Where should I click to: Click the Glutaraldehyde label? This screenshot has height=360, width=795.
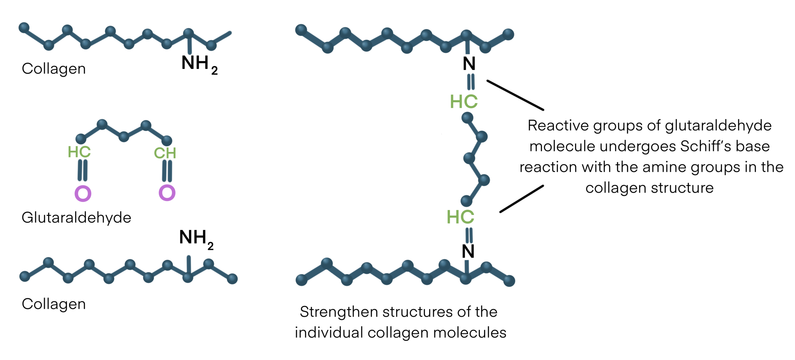76,218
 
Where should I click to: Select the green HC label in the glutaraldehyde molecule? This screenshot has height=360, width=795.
79,152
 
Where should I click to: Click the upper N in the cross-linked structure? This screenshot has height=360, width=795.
469,64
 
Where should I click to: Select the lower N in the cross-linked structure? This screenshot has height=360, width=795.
468,251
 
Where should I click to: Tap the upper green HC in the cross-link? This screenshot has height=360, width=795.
464,102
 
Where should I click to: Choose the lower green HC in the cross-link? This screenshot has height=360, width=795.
460,217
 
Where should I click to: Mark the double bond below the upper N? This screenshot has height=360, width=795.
471,82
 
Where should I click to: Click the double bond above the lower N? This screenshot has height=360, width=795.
469,235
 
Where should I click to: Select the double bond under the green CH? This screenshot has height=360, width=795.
167,171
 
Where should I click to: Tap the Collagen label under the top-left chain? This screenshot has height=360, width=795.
54,69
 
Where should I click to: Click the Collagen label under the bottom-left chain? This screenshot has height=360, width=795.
54,304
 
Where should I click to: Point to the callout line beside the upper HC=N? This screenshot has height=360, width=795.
515,95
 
